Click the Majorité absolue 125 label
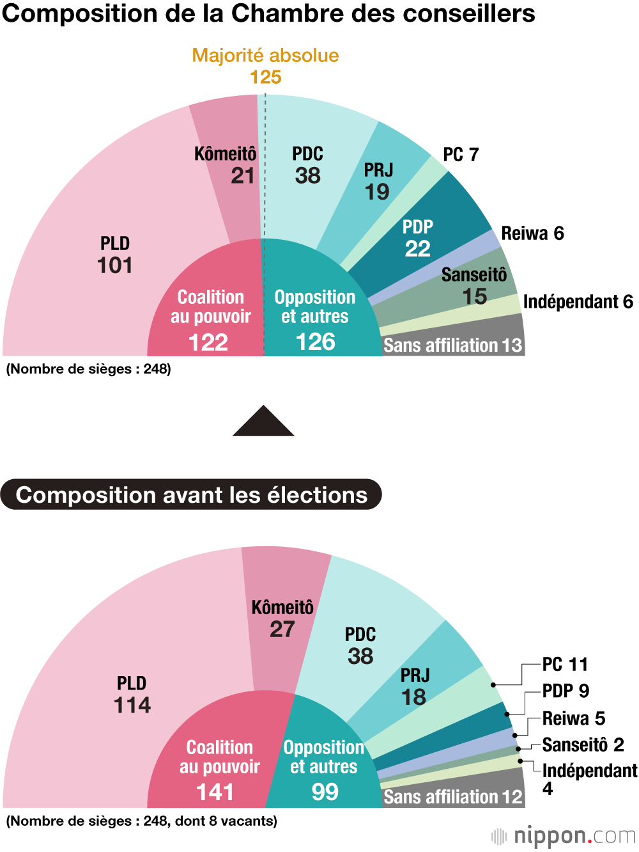[265, 66]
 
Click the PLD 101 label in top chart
[115, 255]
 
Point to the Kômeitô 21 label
[226, 165]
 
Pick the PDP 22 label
[418, 238]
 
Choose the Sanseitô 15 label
[474, 286]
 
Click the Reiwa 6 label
[532, 233]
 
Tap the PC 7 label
[461, 155]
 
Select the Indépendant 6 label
[578, 302]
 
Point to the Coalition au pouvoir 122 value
[208, 342]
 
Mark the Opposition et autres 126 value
[316, 342]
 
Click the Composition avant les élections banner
[191, 494]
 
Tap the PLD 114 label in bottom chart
[132, 695]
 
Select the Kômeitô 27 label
[282, 619]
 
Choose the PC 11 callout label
[565, 665]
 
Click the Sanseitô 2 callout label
[583, 745]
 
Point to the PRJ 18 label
[415, 686]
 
